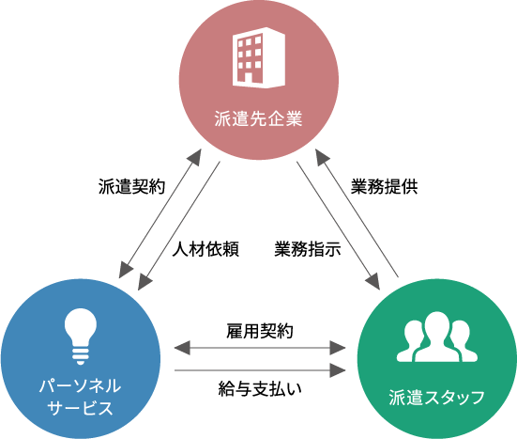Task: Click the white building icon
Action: click(x=259, y=57)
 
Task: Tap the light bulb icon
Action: click(x=81, y=337)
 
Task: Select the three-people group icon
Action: click(x=437, y=337)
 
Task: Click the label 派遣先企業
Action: click(x=259, y=118)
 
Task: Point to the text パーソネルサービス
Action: click(x=80, y=397)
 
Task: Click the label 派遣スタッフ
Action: click(x=437, y=397)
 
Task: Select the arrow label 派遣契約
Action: click(x=132, y=187)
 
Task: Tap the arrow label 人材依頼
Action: click(x=205, y=249)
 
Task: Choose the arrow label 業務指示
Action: click(x=308, y=249)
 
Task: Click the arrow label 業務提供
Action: click(x=384, y=187)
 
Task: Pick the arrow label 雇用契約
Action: click(x=260, y=331)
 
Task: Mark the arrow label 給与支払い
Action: click(x=260, y=388)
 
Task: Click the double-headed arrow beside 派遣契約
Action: click(x=160, y=213)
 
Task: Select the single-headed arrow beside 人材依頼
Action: click(x=178, y=226)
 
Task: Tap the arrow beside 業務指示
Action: click(x=339, y=226)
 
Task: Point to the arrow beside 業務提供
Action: click(x=357, y=213)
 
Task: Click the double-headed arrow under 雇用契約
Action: click(x=260, y=348)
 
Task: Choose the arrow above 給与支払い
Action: click(x=260, y=370)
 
